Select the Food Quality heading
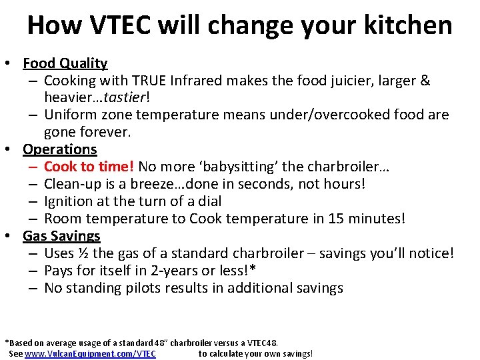65,63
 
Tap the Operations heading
60,149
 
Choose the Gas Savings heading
61,236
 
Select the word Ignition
68,201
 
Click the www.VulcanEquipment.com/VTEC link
90,354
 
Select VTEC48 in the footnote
258,343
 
